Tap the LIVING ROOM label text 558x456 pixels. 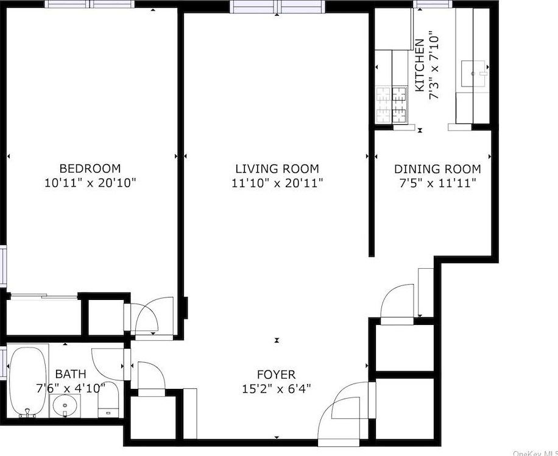(277, 169)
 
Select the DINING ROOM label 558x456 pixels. (437, 169)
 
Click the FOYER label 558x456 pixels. (276, 375)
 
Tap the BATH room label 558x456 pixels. (71, 374)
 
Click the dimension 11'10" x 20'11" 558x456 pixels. (277, 183)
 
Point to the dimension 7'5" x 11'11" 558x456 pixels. (437, 183)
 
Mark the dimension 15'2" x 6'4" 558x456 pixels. (276, 389)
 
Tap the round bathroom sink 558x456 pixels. (65, 405)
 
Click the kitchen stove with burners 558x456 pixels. (391, 104)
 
